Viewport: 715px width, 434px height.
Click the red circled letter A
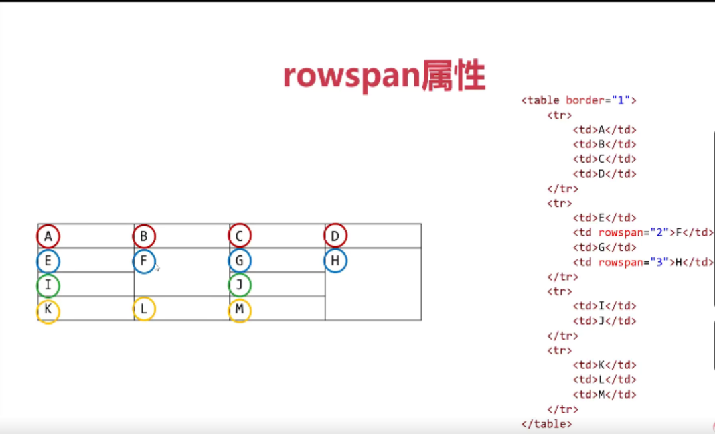click(48, 236)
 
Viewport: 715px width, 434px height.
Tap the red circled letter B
click(144, 236)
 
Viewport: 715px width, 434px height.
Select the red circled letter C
click(240, 236)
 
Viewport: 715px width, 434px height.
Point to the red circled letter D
click(335, 236)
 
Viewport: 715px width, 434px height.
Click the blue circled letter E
click(48, 261)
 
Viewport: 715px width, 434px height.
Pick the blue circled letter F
click(144, 261)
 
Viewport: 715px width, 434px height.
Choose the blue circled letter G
click(240, 261)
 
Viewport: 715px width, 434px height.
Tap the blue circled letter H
click(335, 261)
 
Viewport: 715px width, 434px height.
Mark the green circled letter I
click(48, 286)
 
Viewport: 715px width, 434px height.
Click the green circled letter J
click(240, 286)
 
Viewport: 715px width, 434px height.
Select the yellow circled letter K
click(48, 311)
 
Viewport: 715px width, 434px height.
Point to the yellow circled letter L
click(144, 309)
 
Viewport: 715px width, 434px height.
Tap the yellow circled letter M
click(240, 311)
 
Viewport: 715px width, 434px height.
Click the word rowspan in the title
click(351, 77)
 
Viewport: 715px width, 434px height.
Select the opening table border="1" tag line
click(578, 100)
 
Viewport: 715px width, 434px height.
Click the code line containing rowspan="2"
click(643, 232)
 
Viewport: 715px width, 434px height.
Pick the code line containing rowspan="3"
click(643, 262)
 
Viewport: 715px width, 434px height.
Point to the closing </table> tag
click(546, 424)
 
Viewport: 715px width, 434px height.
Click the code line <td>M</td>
click(605, 394)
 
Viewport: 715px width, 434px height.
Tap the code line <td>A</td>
click(605, 130)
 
